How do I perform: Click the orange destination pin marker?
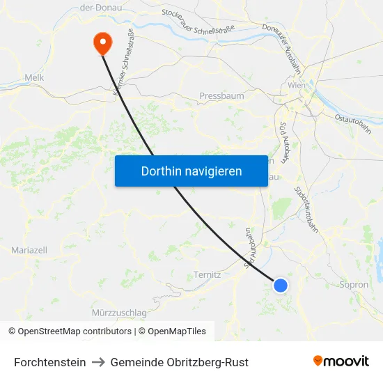[102, 42]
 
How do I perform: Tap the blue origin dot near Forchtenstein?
[281, 285]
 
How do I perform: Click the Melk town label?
[34, 78]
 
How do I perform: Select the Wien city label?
[297, 85]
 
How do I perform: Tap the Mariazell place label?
[29, 249]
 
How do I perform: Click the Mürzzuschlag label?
[118, 313]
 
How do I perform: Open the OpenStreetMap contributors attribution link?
[75, 331]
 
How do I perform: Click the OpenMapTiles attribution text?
[177, 331]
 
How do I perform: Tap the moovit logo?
[341, 361]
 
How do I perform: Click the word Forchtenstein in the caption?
[50, 362]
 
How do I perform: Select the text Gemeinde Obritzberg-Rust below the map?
[179, 362]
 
